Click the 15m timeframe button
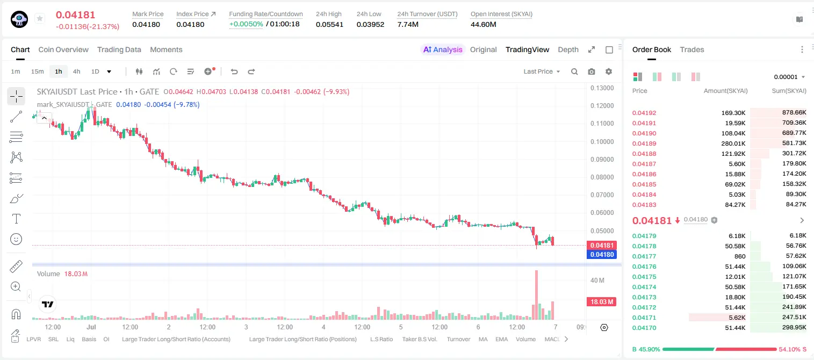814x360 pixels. pos(38,71)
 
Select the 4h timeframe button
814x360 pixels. pos(76,71)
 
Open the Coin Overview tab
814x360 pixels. pos(63,50)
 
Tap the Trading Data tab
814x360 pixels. pos(119,50)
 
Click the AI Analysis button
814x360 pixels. pos(443,50)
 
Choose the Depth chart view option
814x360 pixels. pos(568,50)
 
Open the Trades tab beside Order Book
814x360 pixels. pos(692,50)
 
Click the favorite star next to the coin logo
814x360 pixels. pos(40,18)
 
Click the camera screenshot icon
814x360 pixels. pos(592,71)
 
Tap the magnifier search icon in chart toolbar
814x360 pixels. pos(574,71)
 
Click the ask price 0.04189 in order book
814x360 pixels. pos(644,143)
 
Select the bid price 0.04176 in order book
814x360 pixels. pos(644,267)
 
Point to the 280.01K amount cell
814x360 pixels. pos(733,143)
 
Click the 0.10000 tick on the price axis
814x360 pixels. pos(602,142)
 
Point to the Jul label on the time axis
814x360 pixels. pos(91,327)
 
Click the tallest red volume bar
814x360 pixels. pos(536,295)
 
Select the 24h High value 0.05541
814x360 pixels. pos(329,24)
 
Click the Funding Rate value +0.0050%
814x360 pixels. pos(246,24)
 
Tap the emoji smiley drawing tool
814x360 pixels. pos(16,239)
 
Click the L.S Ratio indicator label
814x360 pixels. pos(381,339)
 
